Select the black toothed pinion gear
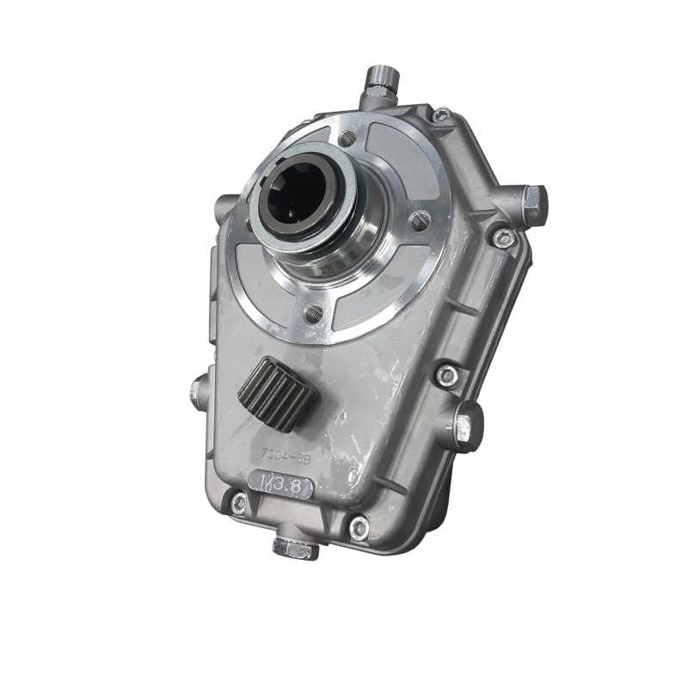[x=277, y=394]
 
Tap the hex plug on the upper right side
[x=532, y=204]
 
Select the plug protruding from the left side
[x=198, y=394]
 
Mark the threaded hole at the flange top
[x=347, y=138]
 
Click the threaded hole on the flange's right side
[x=420, y=221]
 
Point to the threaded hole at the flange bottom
[x=313, y=314]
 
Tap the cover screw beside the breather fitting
[x=440, y=114]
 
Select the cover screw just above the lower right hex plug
[x=446, y=375]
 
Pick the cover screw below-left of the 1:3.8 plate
[x=238, y=503]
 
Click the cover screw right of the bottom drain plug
[x=359, y=527]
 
